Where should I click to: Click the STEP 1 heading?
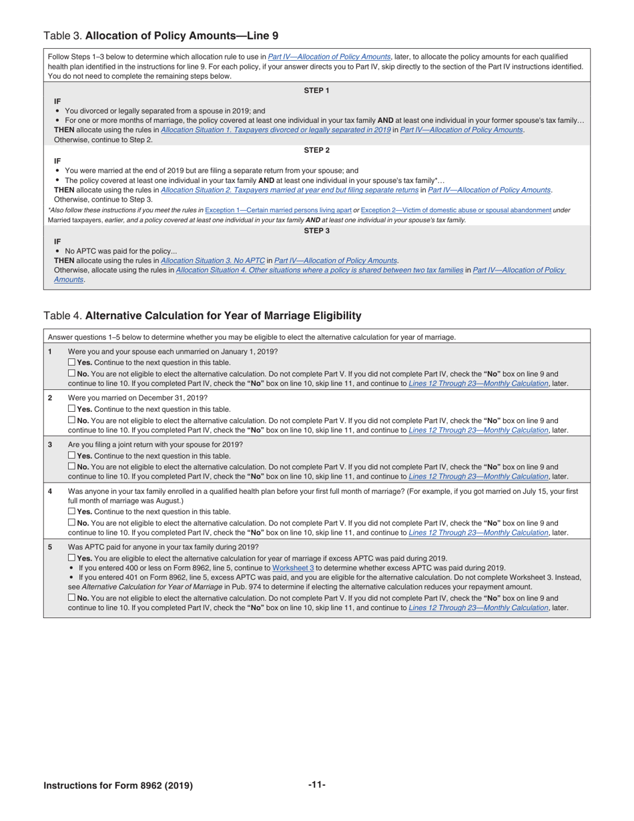tap(316, 91)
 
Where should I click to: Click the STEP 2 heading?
tap(316, 150)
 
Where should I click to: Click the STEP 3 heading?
tap(316, 231)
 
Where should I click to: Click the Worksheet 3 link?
tap(293, 567)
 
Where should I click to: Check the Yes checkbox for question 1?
tap(71, 362)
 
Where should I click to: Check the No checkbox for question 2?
tap(71, 421)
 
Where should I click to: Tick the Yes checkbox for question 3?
tap(71, 456)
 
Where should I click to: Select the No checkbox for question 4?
tap(71, 523)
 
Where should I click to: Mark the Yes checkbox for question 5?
tap(71, 558)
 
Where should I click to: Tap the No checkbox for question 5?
tap(71, 598)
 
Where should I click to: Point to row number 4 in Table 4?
tap(50, 491)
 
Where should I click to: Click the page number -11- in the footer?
tap(316, 785)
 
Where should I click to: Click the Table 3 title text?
tap(161, 35)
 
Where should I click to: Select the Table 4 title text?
tap(202, 315)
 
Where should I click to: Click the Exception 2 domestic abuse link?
tap(456, 210)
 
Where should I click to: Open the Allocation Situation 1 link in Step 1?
tap(276, 130)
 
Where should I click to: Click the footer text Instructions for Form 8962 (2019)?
tap(118, 786)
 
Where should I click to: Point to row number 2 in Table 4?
tap(50, 398)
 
